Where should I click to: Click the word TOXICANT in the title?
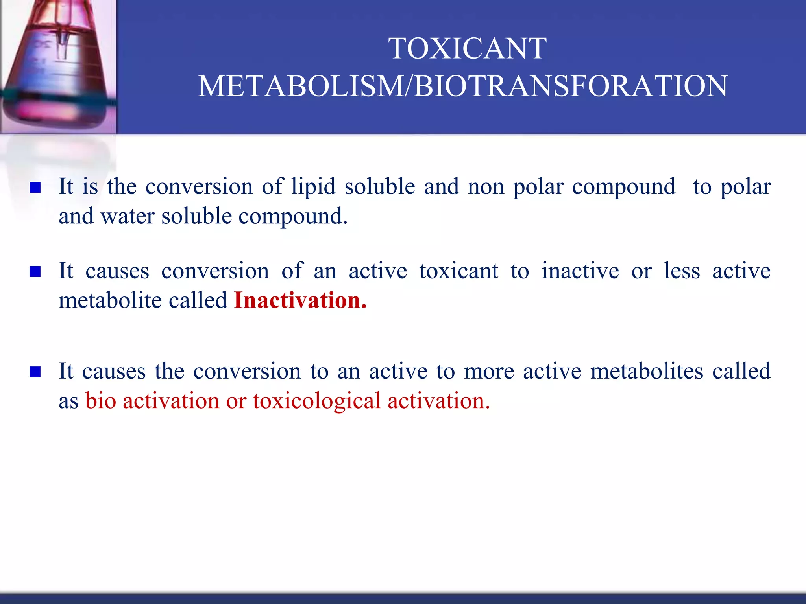pos(468,48)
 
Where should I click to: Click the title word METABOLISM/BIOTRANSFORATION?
pos(463,86)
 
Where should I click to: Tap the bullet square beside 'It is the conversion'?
pos(35,188)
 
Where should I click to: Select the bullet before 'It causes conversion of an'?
pos(35,272)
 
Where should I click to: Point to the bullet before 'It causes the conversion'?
pos(35,372)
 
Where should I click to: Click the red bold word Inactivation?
pos(300,300)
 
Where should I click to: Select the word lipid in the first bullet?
pos(313,186)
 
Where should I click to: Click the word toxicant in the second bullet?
pos(459,271)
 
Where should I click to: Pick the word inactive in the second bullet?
pos(580,271)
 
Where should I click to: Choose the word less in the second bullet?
pos(682,271)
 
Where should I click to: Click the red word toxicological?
pos(317,401)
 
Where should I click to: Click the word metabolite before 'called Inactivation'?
pos(109,301)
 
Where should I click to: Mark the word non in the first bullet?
pos(486,187)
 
